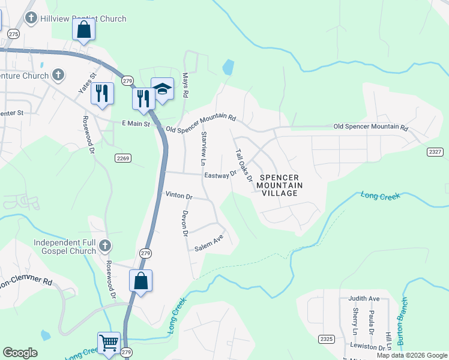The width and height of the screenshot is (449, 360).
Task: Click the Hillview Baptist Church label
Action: (83, 19)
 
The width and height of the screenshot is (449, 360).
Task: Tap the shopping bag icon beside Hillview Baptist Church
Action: (83, 29)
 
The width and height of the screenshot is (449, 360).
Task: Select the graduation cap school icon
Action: (161, 89)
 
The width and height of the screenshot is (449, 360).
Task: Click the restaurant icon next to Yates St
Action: (103, 93)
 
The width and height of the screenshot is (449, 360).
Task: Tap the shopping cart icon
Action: (109, 343)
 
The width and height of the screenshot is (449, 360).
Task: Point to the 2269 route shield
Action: (122, 157)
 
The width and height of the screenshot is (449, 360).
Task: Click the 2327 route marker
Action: (436, 152)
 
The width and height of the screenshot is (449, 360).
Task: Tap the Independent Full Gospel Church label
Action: (65, 247)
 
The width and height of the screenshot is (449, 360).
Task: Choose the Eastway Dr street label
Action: (221, 175)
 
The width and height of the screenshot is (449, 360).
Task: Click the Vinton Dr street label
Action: (178, 196)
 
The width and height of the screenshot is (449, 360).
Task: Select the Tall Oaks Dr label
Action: (243, 165)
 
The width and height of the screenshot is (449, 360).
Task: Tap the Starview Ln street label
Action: (203, 148)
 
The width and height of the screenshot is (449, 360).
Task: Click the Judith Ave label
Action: (364, 298)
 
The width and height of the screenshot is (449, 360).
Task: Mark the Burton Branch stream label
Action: (403, 321)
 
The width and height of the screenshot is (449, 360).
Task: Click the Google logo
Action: (20, 353)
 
